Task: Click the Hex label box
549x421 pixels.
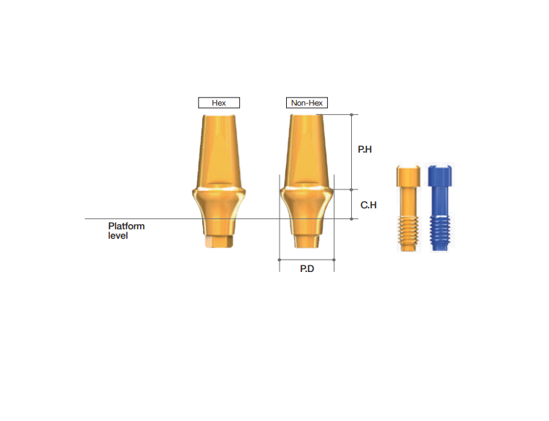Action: (219, 103)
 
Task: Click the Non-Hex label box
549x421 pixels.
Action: (307, 103)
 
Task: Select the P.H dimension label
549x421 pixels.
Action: (365, 150)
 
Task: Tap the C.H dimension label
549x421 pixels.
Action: (368, 205)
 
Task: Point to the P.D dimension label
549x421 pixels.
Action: (307, 268)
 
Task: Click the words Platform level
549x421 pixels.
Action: (126, 231)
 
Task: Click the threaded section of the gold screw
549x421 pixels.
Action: (408, 231)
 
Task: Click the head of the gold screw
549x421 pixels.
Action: (408, 176)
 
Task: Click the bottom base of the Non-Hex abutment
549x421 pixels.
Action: (306, 239)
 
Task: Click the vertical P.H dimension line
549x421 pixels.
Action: (352, 150)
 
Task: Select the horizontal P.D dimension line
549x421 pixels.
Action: (307, 258)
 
